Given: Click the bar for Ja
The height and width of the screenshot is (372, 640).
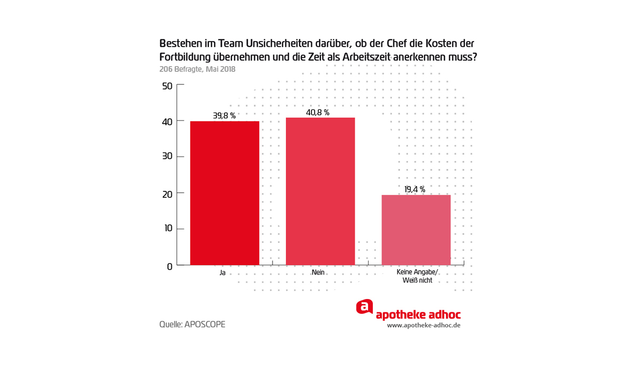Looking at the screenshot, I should pyautogui.click(x=225, y=193).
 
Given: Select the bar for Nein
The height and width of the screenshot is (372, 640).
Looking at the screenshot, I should pyautogui.click(x=320, y=191).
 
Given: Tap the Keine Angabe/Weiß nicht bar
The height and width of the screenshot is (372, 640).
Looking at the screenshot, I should pyautogui.click(x=416, y=230).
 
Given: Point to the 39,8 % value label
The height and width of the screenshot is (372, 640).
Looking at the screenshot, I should pyautogui.click(x=224, y=116).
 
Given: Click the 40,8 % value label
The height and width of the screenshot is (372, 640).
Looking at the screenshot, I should pyautogui.click(x=318, y=112).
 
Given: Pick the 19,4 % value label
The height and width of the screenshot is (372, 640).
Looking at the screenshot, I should pyautogui.click(x=414, y=189).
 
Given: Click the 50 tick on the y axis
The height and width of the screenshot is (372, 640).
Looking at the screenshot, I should pyautogui.click(x=167, y=86).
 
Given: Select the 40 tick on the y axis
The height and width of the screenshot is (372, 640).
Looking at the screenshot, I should pyautogui.click(x=167, y=122).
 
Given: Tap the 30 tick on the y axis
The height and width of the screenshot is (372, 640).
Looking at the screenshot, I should pyautogui.click(x=167, y=157).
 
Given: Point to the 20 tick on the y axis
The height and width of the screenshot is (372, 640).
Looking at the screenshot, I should pyautogui.click(x=167, y=194).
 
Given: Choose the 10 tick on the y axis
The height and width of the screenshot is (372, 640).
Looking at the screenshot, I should pyautogui.click(x=167, y=229).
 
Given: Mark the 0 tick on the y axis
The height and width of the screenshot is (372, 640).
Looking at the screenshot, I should pyautogui.click(x=170, y=266).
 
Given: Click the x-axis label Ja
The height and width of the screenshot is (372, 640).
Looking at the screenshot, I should pyautogui.click(x=222, y=272).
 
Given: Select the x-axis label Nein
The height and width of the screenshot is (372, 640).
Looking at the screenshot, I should pyautogui.click(x=318, y=272).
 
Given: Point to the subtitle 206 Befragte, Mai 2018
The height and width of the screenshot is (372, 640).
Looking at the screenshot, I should pyautogui.click(x=197, y=69).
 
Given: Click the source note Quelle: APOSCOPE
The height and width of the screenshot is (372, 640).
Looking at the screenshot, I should pyautogui.click(x=192, y=324).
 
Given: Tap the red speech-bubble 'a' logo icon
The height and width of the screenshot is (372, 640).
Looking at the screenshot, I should pyautogui.click(x=364, y=307).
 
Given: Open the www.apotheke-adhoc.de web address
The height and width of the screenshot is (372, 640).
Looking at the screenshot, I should pyautogui.click(x=423, y=325).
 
